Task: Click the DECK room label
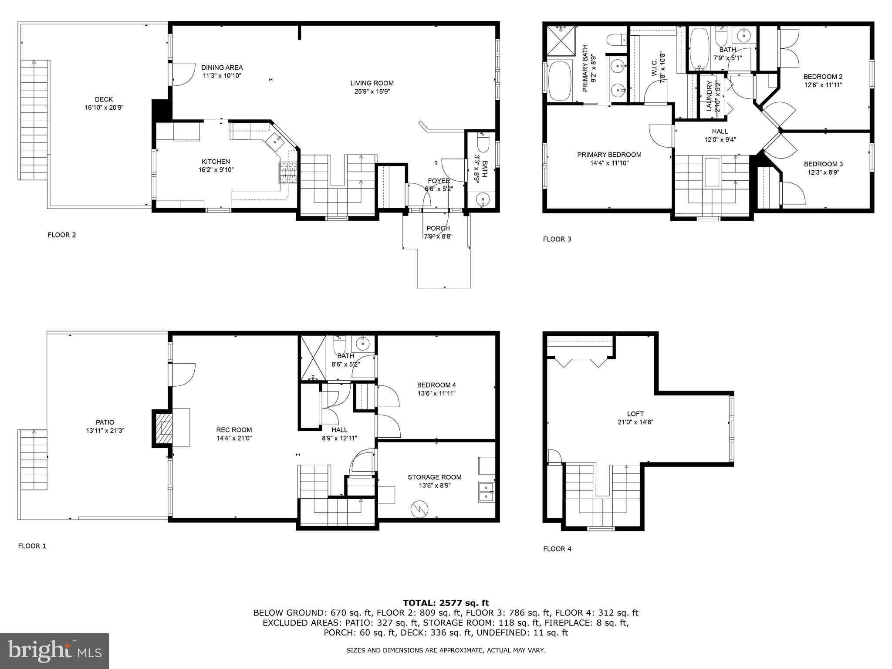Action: point(104,99)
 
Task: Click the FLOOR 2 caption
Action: point(62,235)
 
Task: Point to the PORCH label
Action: point(438,228)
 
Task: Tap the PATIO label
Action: point(105,422)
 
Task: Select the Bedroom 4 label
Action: point(436,385)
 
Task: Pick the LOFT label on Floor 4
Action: point(635,414)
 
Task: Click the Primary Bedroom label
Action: point(609,155)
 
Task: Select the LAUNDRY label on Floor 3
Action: point(708,96)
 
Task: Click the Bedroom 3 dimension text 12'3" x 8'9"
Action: point(823,172)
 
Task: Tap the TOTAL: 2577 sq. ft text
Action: point(446,603)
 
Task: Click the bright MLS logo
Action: point(54,651)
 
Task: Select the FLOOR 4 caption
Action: point(557,549)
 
